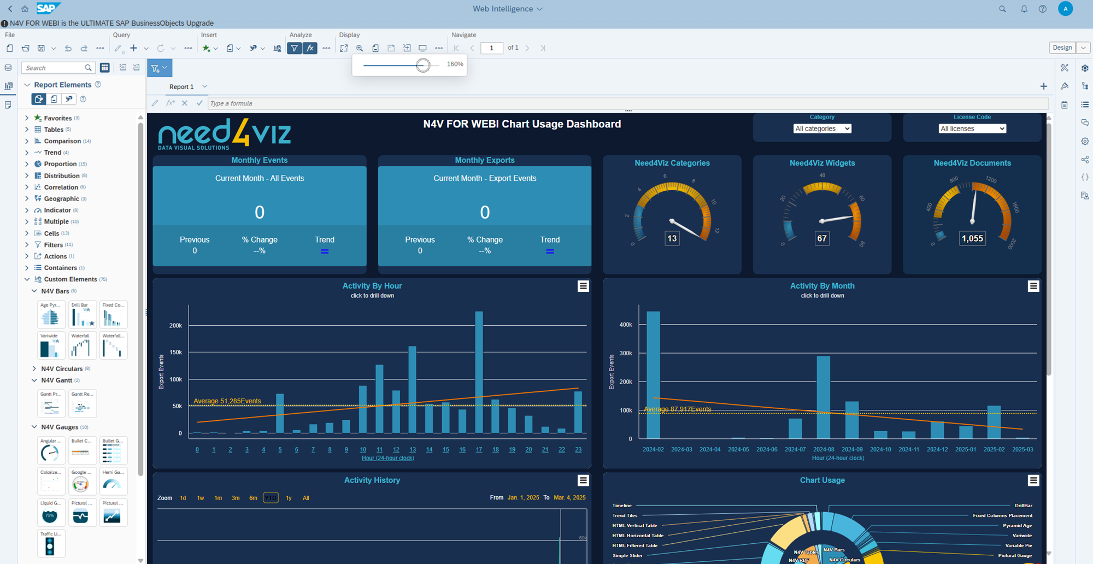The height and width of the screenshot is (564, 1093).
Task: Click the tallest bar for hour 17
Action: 479,372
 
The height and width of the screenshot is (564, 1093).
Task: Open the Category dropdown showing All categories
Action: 822,128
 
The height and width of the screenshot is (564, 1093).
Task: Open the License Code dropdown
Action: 972,128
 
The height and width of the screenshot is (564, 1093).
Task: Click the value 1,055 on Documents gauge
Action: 972,238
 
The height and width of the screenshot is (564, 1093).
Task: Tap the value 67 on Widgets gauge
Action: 822,238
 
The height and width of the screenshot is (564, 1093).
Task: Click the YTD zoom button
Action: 271,498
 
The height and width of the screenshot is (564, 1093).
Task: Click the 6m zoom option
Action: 253,498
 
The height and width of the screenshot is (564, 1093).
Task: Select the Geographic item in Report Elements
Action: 61,199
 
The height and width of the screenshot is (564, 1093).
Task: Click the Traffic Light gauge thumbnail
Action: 50,543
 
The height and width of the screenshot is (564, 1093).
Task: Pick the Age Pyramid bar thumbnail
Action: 50,315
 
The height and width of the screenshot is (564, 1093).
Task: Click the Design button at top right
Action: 1062,48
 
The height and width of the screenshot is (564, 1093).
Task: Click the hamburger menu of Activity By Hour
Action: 583,286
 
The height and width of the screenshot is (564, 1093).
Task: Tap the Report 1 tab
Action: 181,87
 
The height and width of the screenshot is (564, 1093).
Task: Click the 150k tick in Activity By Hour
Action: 175,352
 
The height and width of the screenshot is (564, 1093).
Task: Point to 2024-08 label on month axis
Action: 823,449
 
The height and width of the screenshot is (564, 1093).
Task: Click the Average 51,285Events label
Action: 227,401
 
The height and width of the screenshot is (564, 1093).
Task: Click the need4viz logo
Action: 224,134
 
